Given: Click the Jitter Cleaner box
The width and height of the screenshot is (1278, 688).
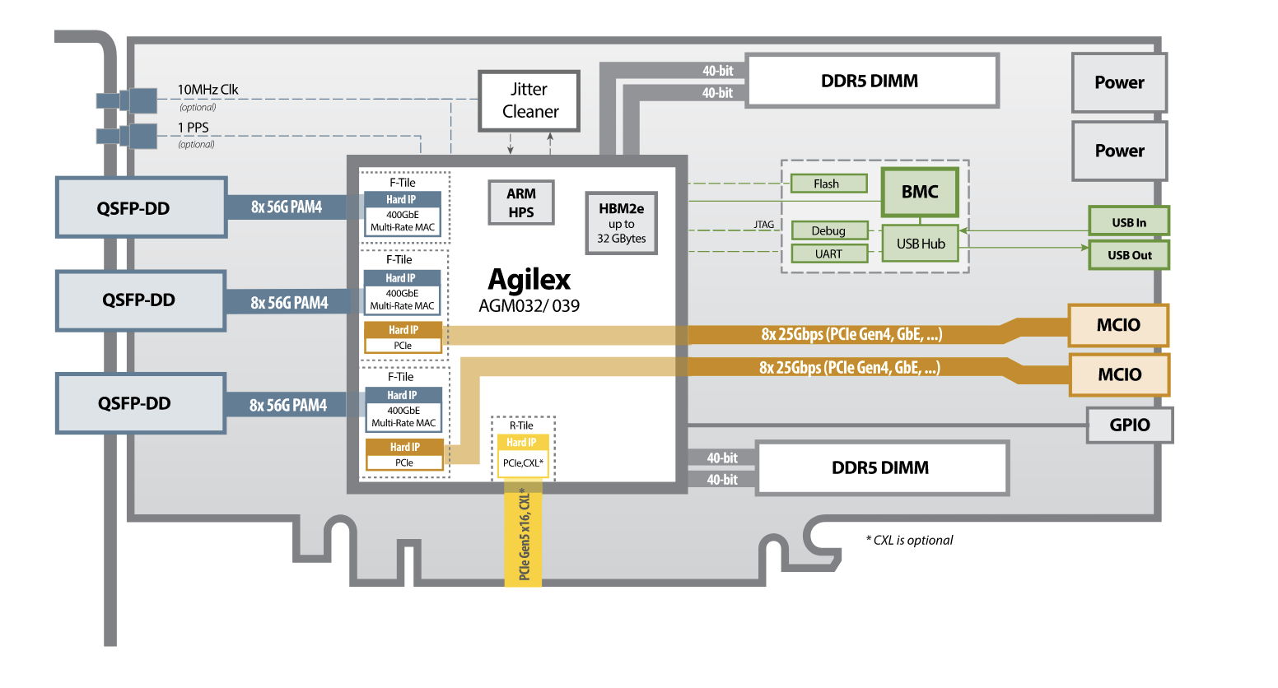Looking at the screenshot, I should pyautogui.click(x=529, y=100).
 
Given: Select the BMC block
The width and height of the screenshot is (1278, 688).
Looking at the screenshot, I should pyautogui.click(x=920, y=192).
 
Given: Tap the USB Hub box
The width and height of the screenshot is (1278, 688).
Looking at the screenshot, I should pyautogui.click(x=920, y=244).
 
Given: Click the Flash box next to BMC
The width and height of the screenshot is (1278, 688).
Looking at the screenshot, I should pyautogui.click(x=828, y=184).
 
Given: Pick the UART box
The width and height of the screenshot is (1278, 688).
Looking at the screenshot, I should pyautogui.click(x=829, y=253).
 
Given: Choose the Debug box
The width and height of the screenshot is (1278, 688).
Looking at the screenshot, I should pyautogui.click(x=829, y=230).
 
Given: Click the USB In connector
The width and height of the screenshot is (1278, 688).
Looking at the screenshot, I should pyautogui.click(x=1128, y=222).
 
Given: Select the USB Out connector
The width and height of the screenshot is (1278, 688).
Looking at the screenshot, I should pyautogui.click(x=1128, y=255).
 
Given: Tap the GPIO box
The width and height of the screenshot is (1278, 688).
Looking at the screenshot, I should pyautogui.click(x=1129, y=425).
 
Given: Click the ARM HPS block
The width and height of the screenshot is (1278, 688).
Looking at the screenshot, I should pyautogui.click(x=520, y=202).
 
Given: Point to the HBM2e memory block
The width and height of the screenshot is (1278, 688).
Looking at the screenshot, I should pyautogui.click(x=621, y=223).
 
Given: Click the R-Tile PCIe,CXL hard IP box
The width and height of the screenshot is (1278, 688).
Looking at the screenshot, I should pyautogui.click(x=523, y=455).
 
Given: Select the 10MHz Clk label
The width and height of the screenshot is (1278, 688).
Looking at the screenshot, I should pyautogui.click(x=208, y=90).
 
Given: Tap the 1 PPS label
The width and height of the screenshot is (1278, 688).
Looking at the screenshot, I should pyautogui.click(x=194, y=128).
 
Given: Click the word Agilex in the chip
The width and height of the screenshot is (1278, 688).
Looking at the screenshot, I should pyautogui.click(x=529, y=280).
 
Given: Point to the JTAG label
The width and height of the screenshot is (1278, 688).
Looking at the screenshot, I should pyautogui.click(x=763, y=224).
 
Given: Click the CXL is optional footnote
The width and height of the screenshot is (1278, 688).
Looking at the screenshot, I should pyautogui.click(x=909, y=540).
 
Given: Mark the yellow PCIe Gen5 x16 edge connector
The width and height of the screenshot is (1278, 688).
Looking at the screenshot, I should pyautogui.click(x=524, y=535).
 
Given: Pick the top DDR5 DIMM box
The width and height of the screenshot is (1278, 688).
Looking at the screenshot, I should pyautogui.click(x=871, y=81).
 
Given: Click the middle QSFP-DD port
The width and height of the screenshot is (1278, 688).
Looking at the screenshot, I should pyautogui.click(x=140, y=300).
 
